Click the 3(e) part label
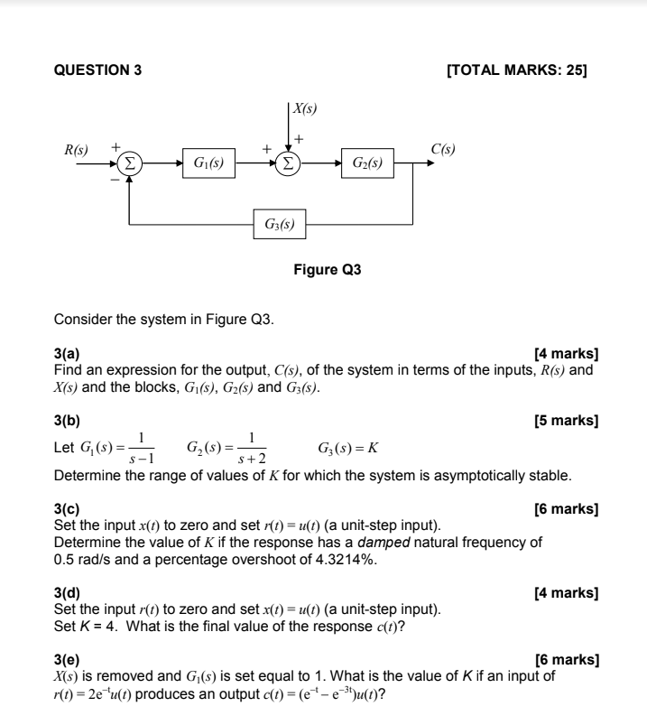point(67,660)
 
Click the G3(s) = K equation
point(347,449)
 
